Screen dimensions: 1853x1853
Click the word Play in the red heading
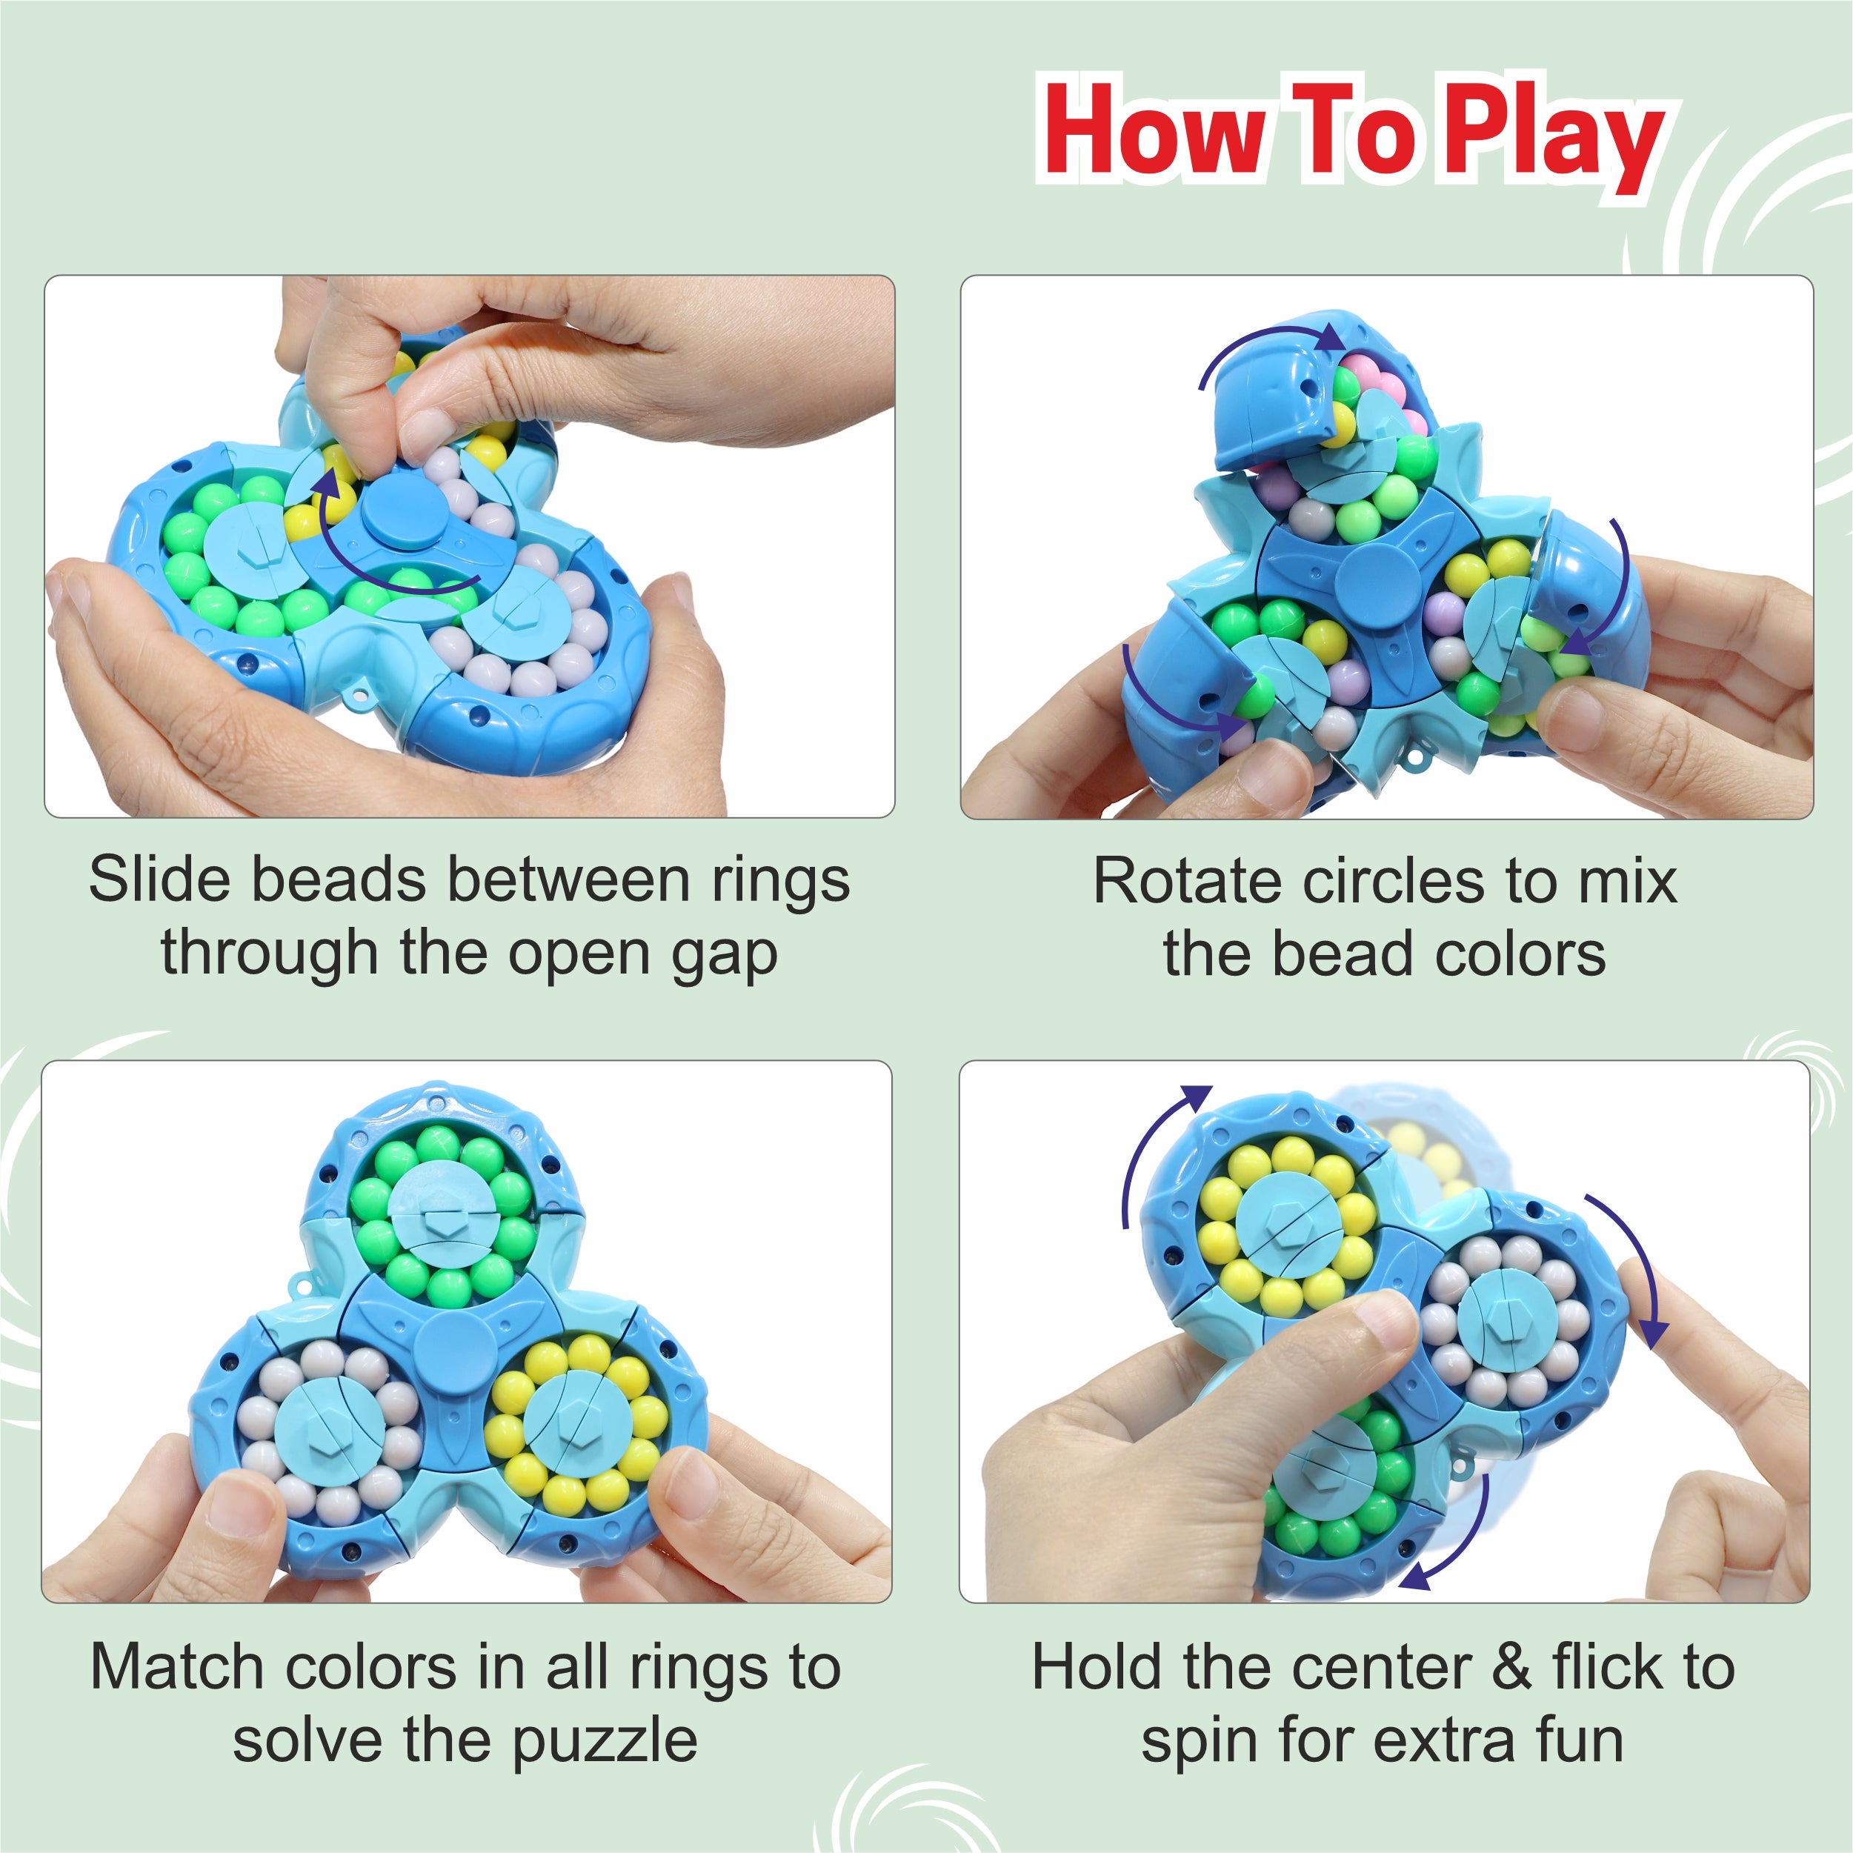click(1553, 136)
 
